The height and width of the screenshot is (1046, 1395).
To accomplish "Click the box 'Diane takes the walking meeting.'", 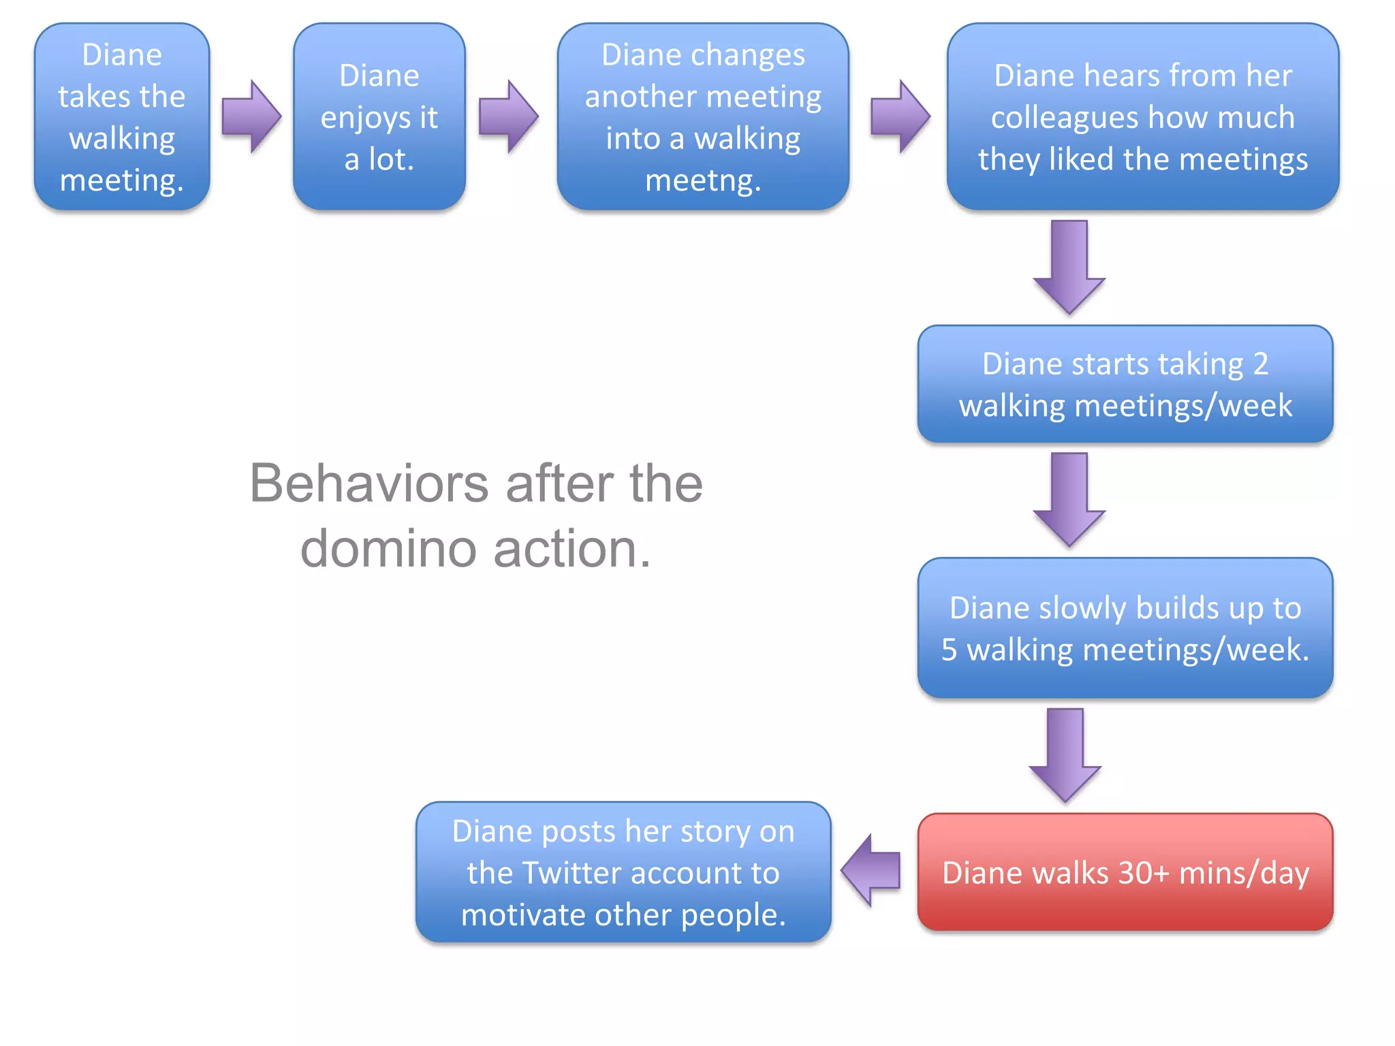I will (x=122, y=116).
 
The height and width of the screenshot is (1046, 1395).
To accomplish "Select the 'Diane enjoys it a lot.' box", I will (x=379, y=116).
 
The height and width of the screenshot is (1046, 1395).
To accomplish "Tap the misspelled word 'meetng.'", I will (x=703, y=180).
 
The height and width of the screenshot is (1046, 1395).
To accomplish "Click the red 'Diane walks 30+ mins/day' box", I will (x=1125, y=872).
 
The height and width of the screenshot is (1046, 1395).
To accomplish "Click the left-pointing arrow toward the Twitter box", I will (x=871, y=870).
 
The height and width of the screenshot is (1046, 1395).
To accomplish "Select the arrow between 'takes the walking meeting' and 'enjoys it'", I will (x=251, y=116).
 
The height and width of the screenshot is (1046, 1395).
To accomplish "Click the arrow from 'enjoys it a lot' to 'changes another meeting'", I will (x=508, y=116).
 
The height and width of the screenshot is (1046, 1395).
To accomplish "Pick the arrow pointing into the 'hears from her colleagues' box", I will (x=900, y=116).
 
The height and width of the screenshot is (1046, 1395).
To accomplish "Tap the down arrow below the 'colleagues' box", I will (x=1069, y=267).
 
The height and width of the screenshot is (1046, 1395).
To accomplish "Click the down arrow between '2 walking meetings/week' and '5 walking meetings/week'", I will (x=1069, y=499).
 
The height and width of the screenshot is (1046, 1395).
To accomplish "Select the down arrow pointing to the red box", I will (x=1065, y=755).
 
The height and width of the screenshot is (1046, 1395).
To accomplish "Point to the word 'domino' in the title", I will (x=388, y=548).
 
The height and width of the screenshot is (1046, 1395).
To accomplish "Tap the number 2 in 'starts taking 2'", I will (x=1260, y=364).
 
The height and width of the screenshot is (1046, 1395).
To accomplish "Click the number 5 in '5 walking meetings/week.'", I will (x=949, y=649).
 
